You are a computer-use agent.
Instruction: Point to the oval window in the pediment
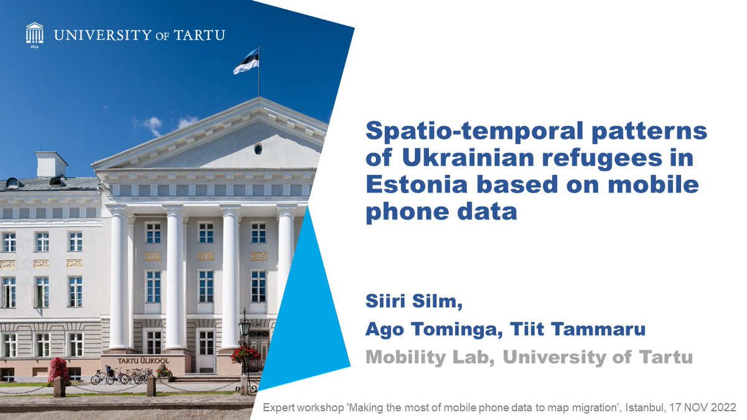[258, 149]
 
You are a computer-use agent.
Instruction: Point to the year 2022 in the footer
[723, 408]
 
